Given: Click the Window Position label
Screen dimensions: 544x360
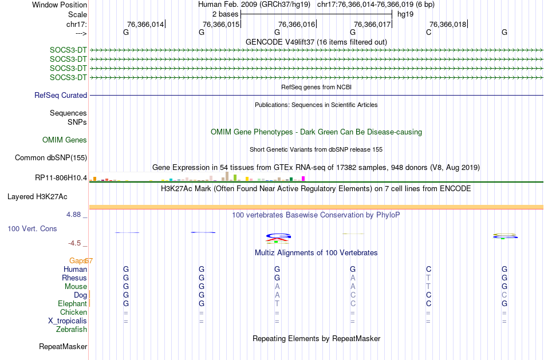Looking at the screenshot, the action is tap(60, 5).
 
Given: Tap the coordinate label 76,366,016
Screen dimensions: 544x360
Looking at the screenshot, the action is tap(297, 24).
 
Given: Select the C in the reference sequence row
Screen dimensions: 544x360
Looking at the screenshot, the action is tap(428, 32).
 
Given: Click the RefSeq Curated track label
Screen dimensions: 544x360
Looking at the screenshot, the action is tap(61, 96).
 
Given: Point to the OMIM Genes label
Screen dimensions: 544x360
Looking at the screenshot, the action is tap(65, 140).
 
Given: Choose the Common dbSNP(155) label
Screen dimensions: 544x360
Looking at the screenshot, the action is tap(51, 158).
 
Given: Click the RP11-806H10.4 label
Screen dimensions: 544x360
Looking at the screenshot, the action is tap(61, 178).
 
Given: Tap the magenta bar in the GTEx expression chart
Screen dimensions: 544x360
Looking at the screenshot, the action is tap(303, 179).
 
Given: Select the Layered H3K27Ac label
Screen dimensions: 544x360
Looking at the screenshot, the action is tap(37, 197).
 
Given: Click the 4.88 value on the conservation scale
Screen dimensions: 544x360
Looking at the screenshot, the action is tap(73, 215).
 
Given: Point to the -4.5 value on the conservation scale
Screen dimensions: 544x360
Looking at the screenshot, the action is tap(74, 243).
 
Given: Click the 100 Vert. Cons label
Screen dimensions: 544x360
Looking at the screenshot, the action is tap(32, 228).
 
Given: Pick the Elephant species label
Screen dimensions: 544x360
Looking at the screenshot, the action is tap(73, 303).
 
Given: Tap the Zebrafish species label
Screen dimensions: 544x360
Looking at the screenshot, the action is tap(72, 329).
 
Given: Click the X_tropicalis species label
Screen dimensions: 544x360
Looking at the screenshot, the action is tap(68, 321).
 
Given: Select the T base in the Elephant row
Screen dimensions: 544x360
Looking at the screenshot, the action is tap(277, 303).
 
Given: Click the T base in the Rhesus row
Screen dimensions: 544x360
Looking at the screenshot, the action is tap(428, 278).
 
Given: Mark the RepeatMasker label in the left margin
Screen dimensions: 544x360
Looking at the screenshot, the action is tap(63, 346).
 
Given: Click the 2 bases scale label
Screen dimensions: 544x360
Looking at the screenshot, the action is tap(226, 14).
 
